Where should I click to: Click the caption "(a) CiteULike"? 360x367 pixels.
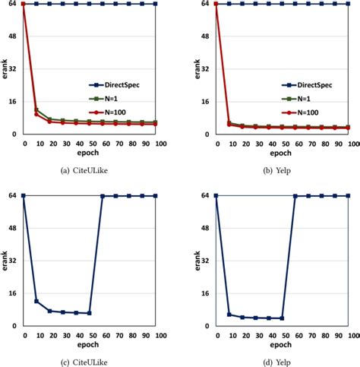point(90,169)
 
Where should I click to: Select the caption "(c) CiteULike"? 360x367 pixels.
point(90,361)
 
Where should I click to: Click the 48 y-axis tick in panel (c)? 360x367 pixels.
point(13,228)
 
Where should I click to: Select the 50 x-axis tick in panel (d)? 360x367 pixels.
point(281,334)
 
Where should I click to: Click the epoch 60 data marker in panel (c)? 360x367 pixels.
point(103,196)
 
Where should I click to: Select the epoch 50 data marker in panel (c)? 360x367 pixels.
point(90,313)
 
